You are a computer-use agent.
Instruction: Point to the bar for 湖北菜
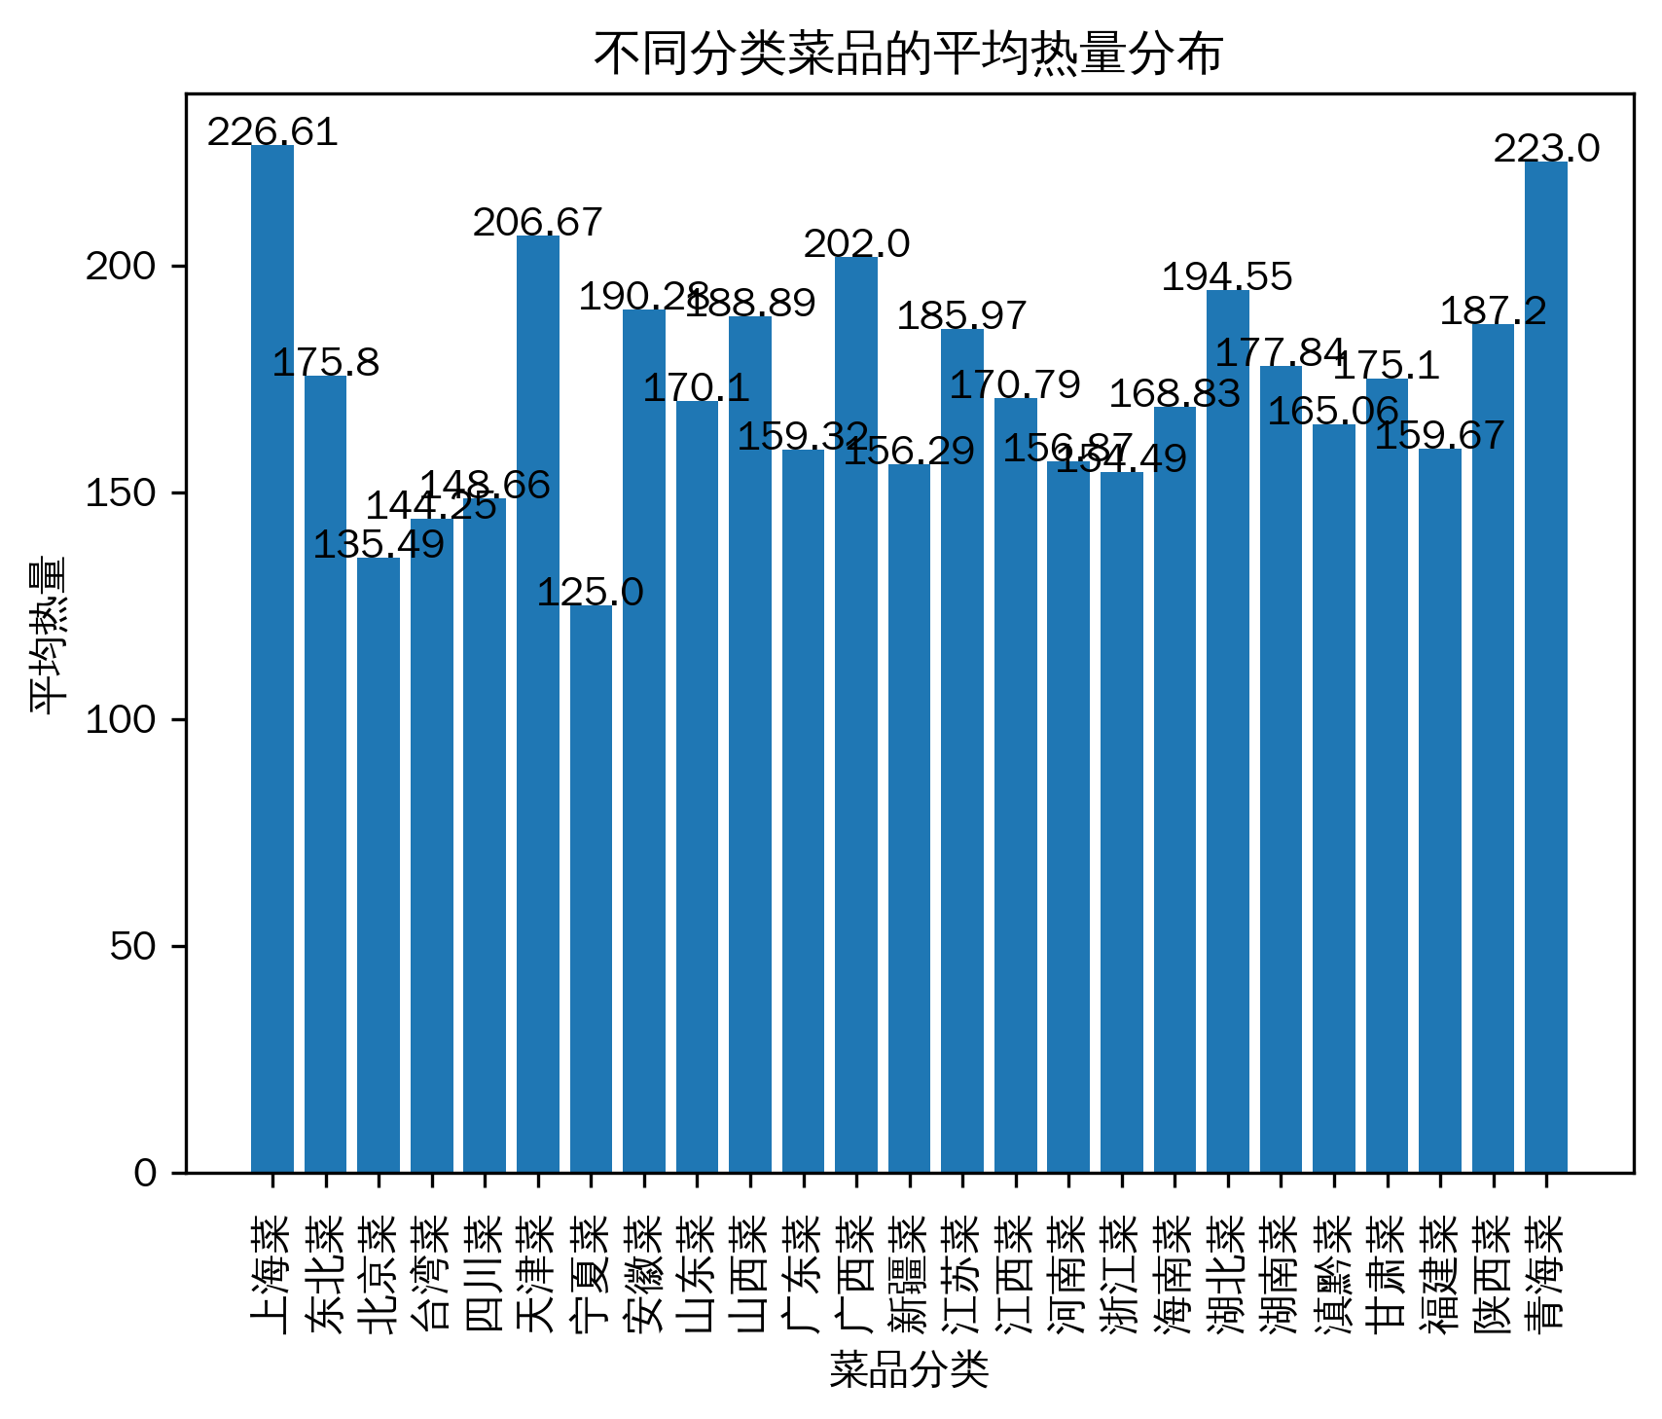click(1228, 731)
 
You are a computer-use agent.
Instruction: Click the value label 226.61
click(272, 132)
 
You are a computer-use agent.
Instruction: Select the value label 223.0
click(1546, 149)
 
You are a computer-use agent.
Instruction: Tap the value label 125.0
click(591, 592)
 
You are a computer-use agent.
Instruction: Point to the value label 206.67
click(538, 223)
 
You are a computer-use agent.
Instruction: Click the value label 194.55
click(1228, 277)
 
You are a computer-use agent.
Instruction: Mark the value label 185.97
click(962, 316)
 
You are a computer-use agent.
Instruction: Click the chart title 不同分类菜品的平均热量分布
click(909, 55)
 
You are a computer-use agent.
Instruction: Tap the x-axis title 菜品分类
click(909, 1369)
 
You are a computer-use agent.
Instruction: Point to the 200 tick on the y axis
click(121, 267)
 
